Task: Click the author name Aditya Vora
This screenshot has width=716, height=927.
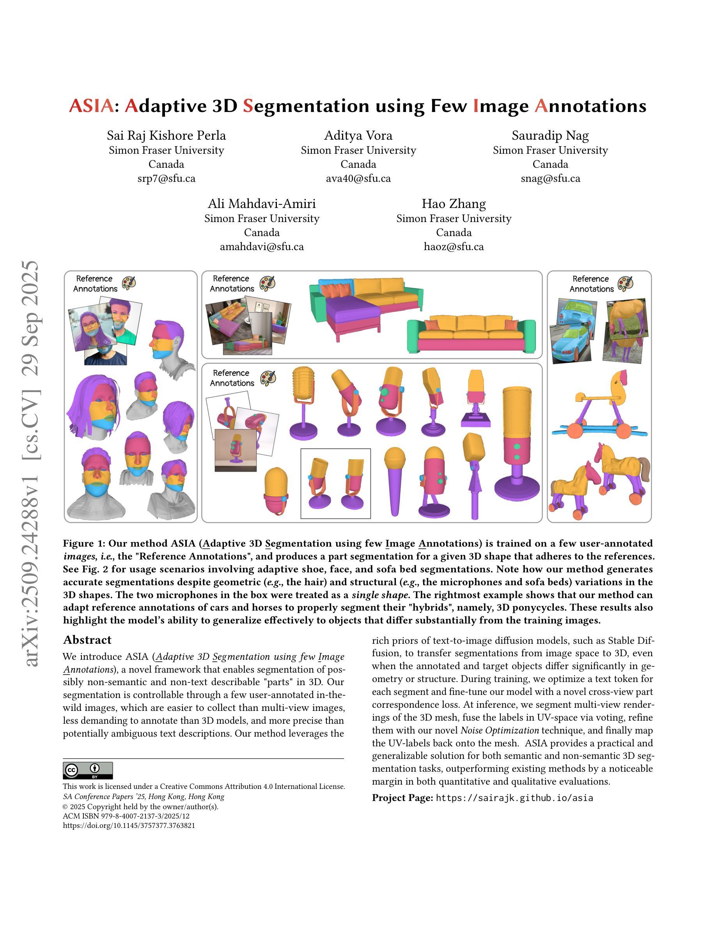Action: click(358, 135)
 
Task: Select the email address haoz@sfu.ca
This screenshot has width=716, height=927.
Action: click(454, 247)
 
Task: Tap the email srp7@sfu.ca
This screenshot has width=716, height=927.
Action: click(166, 178)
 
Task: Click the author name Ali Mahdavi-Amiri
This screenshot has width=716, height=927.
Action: click(262, 204)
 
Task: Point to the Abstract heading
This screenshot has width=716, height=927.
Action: click(87, 639)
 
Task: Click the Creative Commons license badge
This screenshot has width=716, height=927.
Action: click(88, 771)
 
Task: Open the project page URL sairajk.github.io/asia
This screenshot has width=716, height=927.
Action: click(514, 798)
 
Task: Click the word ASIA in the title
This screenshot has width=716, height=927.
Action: click(91, 106)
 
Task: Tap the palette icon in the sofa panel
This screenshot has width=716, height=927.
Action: click(267, 283)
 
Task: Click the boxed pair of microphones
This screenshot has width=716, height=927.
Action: click(335, 483)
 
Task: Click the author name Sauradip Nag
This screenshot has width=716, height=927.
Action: click(550, 135)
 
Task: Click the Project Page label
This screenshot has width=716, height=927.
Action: click(402, 798)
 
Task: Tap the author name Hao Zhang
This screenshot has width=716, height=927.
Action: click(454, 204)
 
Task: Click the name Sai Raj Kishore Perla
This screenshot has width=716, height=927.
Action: click(166, 135)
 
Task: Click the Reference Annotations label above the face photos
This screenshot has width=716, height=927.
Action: click(95, 284)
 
